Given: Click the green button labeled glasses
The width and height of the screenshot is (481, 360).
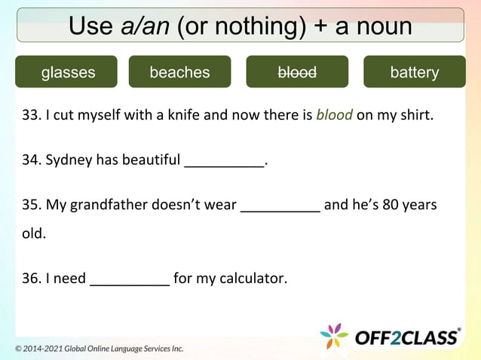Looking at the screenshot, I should (x=68, y=72).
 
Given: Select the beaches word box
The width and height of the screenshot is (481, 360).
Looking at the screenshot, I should (x=179, y=72).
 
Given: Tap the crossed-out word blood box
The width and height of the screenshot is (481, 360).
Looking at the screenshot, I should (x=297, y=72).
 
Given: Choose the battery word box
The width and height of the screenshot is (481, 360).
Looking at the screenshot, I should (x=414, y=72).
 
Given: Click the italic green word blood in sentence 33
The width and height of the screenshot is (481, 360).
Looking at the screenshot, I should (x=334, y=116).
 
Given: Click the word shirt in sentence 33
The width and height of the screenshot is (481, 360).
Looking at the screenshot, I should (x=415, y=116).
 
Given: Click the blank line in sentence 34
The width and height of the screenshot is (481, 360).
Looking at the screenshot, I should (x=224, y=162).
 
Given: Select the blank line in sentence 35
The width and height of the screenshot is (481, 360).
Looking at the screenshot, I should (x=280, y=206).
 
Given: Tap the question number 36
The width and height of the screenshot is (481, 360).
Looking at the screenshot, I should (x=31, y=279).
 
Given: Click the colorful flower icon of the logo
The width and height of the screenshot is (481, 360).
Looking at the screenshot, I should (x=335, y=337).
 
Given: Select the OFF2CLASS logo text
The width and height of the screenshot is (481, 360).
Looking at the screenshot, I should (x=407, y=337).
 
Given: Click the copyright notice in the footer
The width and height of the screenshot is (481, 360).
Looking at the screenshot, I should (x=100, y=349).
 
